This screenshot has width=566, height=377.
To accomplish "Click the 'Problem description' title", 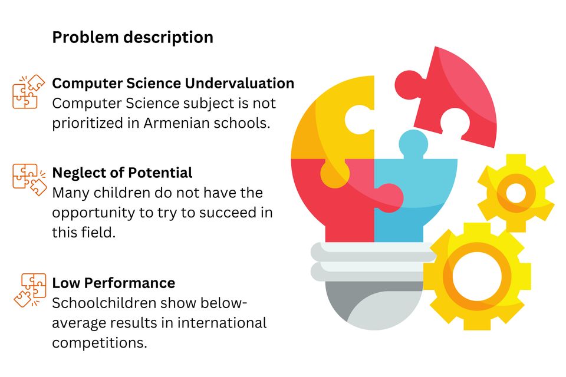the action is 133,38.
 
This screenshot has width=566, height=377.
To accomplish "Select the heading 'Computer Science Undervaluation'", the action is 173,83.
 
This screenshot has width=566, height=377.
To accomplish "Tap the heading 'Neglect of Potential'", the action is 122,173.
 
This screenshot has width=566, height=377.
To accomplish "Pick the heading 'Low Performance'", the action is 113,283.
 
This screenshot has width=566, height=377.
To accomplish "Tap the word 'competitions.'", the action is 100,343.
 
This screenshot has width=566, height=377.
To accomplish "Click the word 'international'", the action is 222,323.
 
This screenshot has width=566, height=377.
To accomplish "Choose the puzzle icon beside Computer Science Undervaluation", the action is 28,92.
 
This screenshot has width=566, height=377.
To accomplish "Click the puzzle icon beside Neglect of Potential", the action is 29,180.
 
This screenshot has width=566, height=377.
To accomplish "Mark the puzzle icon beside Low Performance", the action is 30,290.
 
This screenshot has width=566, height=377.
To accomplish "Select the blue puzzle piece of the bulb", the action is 415,187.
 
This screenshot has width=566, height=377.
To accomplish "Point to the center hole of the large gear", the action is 477,276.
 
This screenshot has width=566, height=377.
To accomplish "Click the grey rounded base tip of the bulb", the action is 374,306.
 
